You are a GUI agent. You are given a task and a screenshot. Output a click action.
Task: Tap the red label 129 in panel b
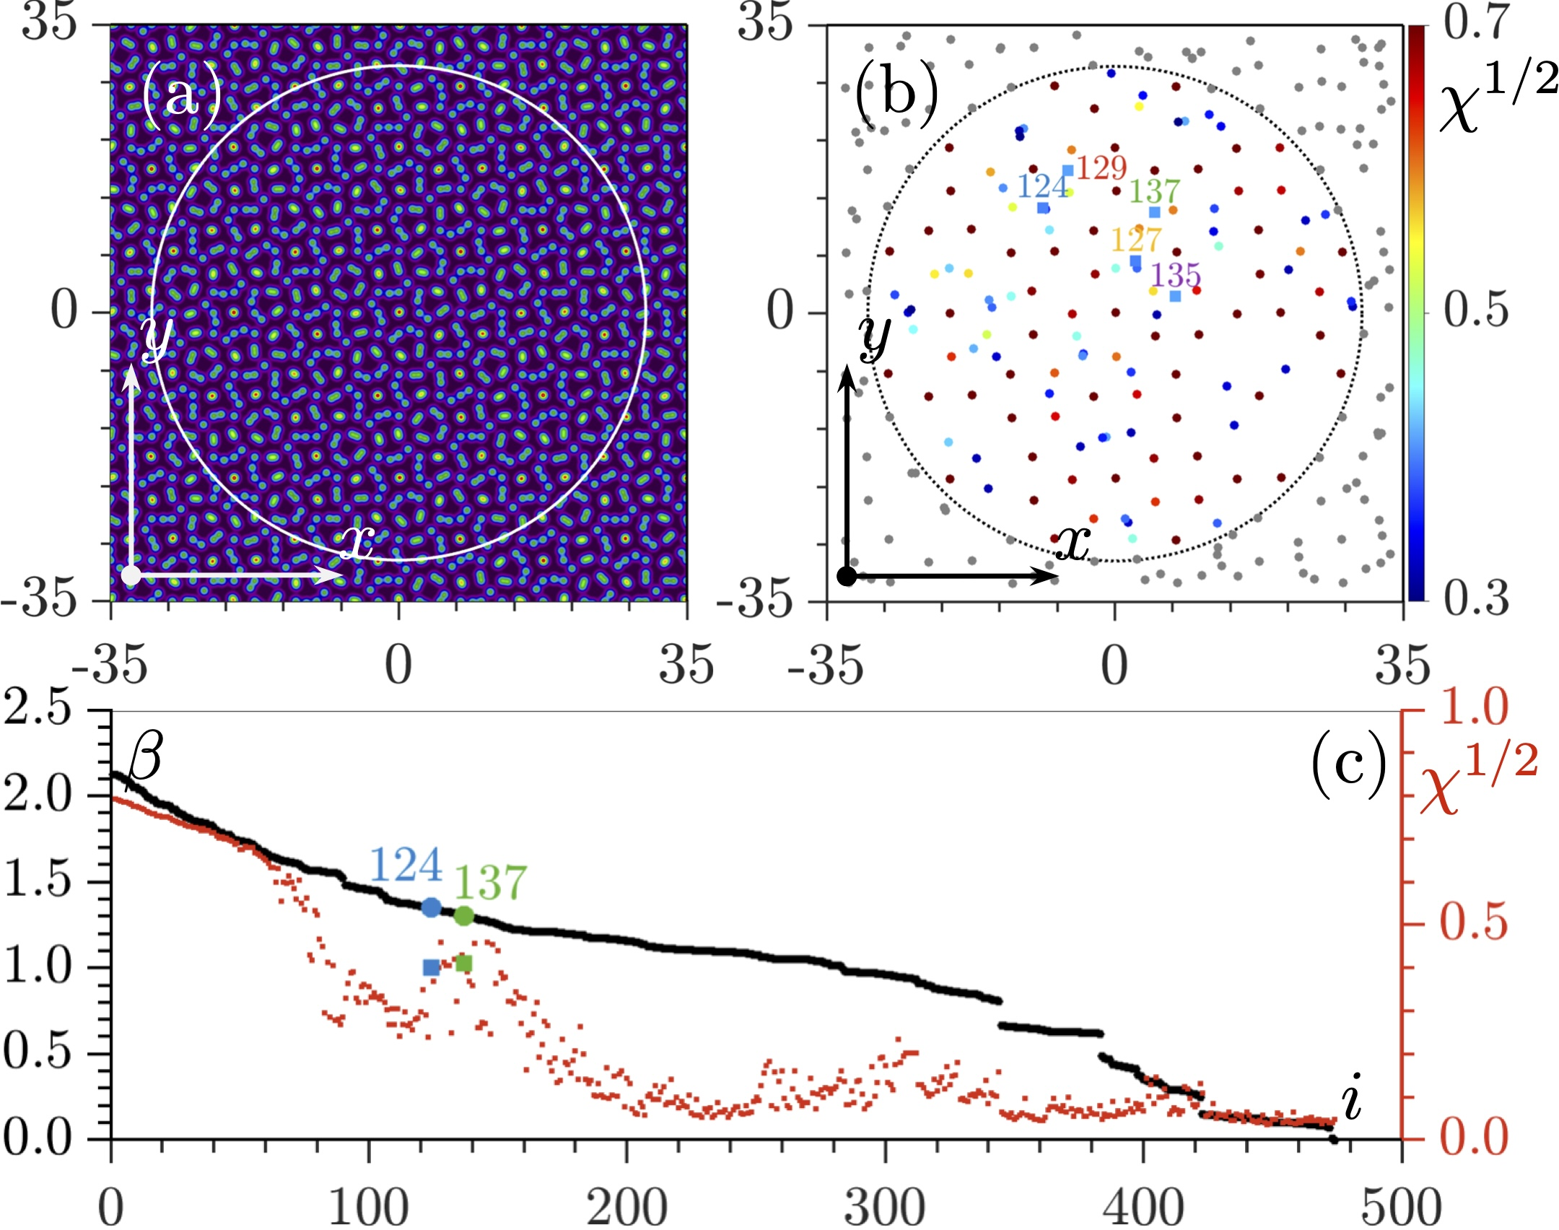point(1101,167)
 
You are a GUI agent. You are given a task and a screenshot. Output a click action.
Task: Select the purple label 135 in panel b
point(1176,275)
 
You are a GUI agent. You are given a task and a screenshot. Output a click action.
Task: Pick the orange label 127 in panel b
point(1136,239)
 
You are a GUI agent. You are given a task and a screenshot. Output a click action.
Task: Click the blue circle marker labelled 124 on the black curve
point(432,907)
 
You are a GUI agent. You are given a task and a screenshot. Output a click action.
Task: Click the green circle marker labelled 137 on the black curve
point(464,916)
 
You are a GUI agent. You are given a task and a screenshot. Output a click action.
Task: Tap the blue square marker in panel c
point(432,967)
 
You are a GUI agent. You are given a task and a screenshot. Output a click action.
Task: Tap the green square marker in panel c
point(464,964)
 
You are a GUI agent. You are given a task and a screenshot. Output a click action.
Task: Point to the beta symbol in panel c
point(144,758)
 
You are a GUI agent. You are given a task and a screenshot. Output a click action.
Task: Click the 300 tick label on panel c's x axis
point(885,1205)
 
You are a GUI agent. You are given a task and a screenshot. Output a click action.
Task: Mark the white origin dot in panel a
point(131,575)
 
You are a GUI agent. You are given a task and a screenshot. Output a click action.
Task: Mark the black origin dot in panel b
point(847,576)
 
